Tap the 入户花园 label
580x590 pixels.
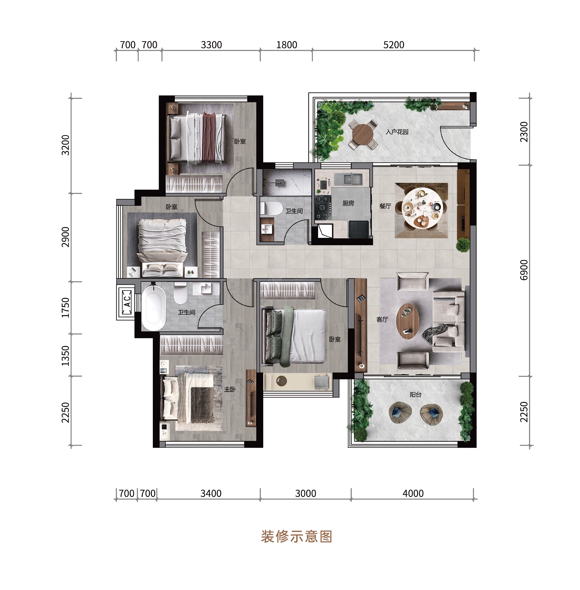(397, 132)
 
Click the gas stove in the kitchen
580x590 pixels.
(323, 207)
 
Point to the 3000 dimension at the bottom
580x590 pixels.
(306, 493)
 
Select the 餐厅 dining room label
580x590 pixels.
(385, 206)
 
